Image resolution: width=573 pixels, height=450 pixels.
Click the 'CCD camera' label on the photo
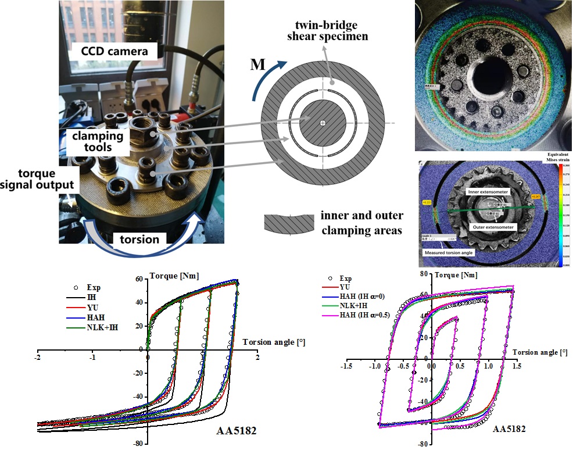[106, 51]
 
